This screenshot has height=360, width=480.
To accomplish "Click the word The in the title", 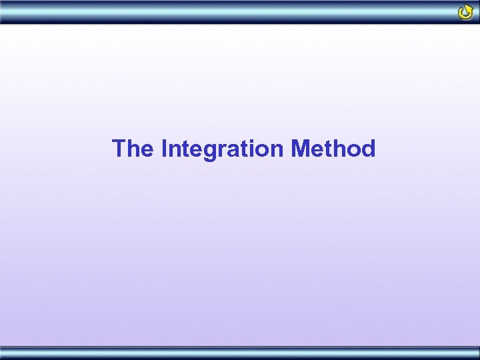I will coord(133,148).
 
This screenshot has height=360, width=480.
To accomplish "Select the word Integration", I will coord(223,149).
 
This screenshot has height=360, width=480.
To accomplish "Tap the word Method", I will coord(333,148).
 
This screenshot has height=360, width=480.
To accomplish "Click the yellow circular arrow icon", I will coord(466,11).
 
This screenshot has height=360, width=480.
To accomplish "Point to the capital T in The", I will coord(119,148).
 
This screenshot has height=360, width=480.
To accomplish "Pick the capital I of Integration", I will coord(164,148).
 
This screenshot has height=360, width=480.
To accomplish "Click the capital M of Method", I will coord(300,148).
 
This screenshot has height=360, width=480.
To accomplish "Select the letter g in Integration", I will coord(208,151).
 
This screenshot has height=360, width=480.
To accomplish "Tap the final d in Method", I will coord(368,148).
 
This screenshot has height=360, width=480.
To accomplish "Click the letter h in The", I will coord(133,148).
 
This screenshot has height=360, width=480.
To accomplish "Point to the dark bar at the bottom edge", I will coord(240,353).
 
